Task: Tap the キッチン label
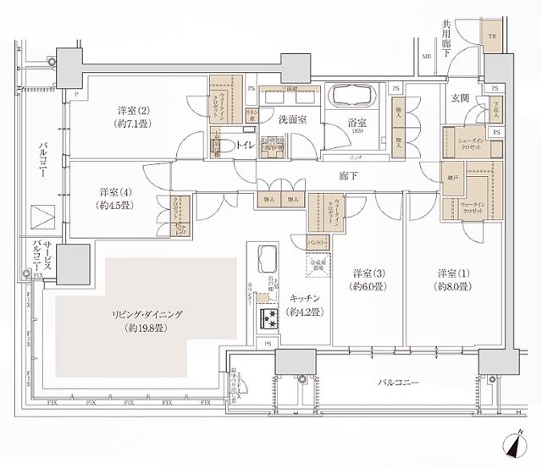pyautogui.click(x=303, y=305)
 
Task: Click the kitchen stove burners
pyautogui.click(x=271, y=320)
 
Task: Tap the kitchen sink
pyautogui.click(x=267, y=257)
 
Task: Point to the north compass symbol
pyautogui.click(x=519, y=443)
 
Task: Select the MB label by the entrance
pyautogui.click(x=426, y=56)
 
